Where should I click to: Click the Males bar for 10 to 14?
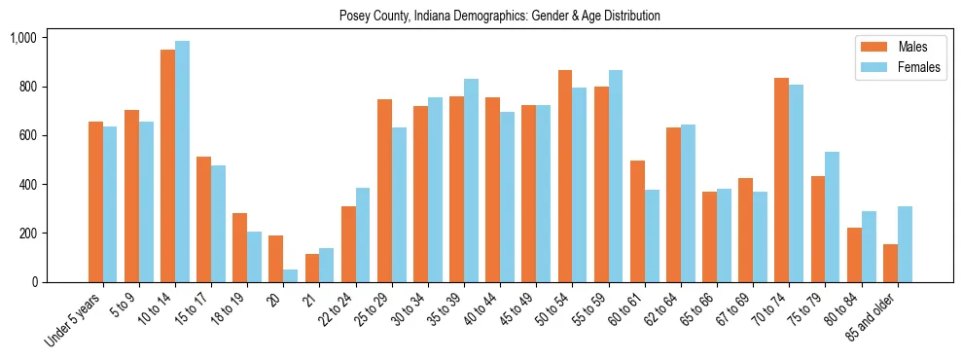point(167,165)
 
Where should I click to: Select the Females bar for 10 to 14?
point(182,162)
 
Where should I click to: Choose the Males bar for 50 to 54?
point(565,176)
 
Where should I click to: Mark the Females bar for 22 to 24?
point(363,234)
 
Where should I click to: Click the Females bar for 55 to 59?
point(616,176)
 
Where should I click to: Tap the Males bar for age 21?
point(312,268)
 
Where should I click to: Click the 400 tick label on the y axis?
point(26,185)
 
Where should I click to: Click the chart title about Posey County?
point(500,17)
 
